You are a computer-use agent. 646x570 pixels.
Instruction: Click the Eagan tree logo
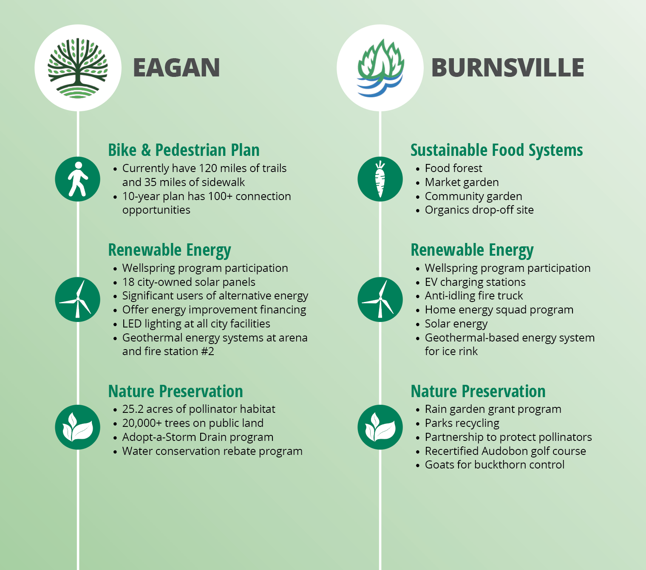coord(78,68)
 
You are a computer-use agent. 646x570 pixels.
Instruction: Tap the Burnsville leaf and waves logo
coord(380,68)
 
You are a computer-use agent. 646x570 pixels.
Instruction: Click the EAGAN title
coord(176,68)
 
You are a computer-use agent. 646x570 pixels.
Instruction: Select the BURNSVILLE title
coord(507,68)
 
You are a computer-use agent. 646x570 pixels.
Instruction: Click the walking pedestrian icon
coord(78,179)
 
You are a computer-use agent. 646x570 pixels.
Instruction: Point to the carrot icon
coord(380,179)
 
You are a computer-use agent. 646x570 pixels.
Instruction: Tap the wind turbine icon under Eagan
coord(78,299)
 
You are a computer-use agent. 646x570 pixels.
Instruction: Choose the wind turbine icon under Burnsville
coord(380,299)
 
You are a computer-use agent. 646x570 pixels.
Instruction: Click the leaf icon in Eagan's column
coord(78,427)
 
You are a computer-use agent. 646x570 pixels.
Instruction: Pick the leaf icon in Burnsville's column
coord(380,427)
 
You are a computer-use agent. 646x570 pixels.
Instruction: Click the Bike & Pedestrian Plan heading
coord(184,150)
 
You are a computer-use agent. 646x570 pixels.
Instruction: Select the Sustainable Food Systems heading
coord(497,150)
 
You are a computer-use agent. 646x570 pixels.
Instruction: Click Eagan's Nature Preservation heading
coord(176,391)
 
